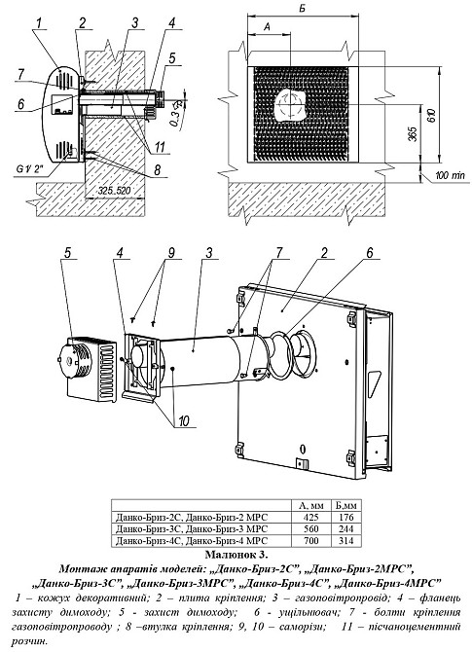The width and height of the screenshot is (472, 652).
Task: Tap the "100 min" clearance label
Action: [450, 176]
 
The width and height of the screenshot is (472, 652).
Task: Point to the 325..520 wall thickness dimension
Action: [115, 192]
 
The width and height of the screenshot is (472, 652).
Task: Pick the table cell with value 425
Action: [311, 518]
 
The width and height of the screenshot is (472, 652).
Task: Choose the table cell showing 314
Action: [346, 540]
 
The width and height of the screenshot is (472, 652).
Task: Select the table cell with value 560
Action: [311, 529]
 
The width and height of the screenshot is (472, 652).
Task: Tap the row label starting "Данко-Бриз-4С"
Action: [192, 540]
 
